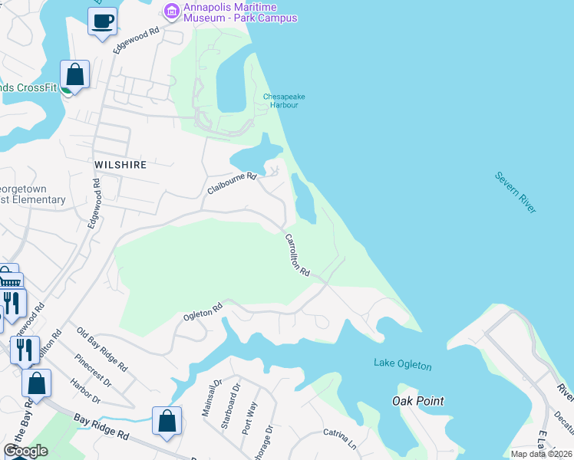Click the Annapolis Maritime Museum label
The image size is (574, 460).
[239, 12]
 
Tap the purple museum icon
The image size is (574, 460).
[171, 11]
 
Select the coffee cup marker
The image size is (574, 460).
[102, 21]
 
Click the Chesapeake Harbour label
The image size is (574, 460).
[280, 100]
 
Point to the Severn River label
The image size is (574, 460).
[515, 192]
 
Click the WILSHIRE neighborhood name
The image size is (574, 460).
[120, 165]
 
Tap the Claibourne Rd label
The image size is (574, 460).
[231, 183]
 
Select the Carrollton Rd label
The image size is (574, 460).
[297, 255]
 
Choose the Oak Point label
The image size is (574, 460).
[417, 401]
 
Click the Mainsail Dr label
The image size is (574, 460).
[211, 398]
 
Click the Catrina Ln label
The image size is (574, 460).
[340, 439]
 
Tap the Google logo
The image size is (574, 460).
[25, 451]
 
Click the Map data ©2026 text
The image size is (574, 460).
[541, 454]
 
